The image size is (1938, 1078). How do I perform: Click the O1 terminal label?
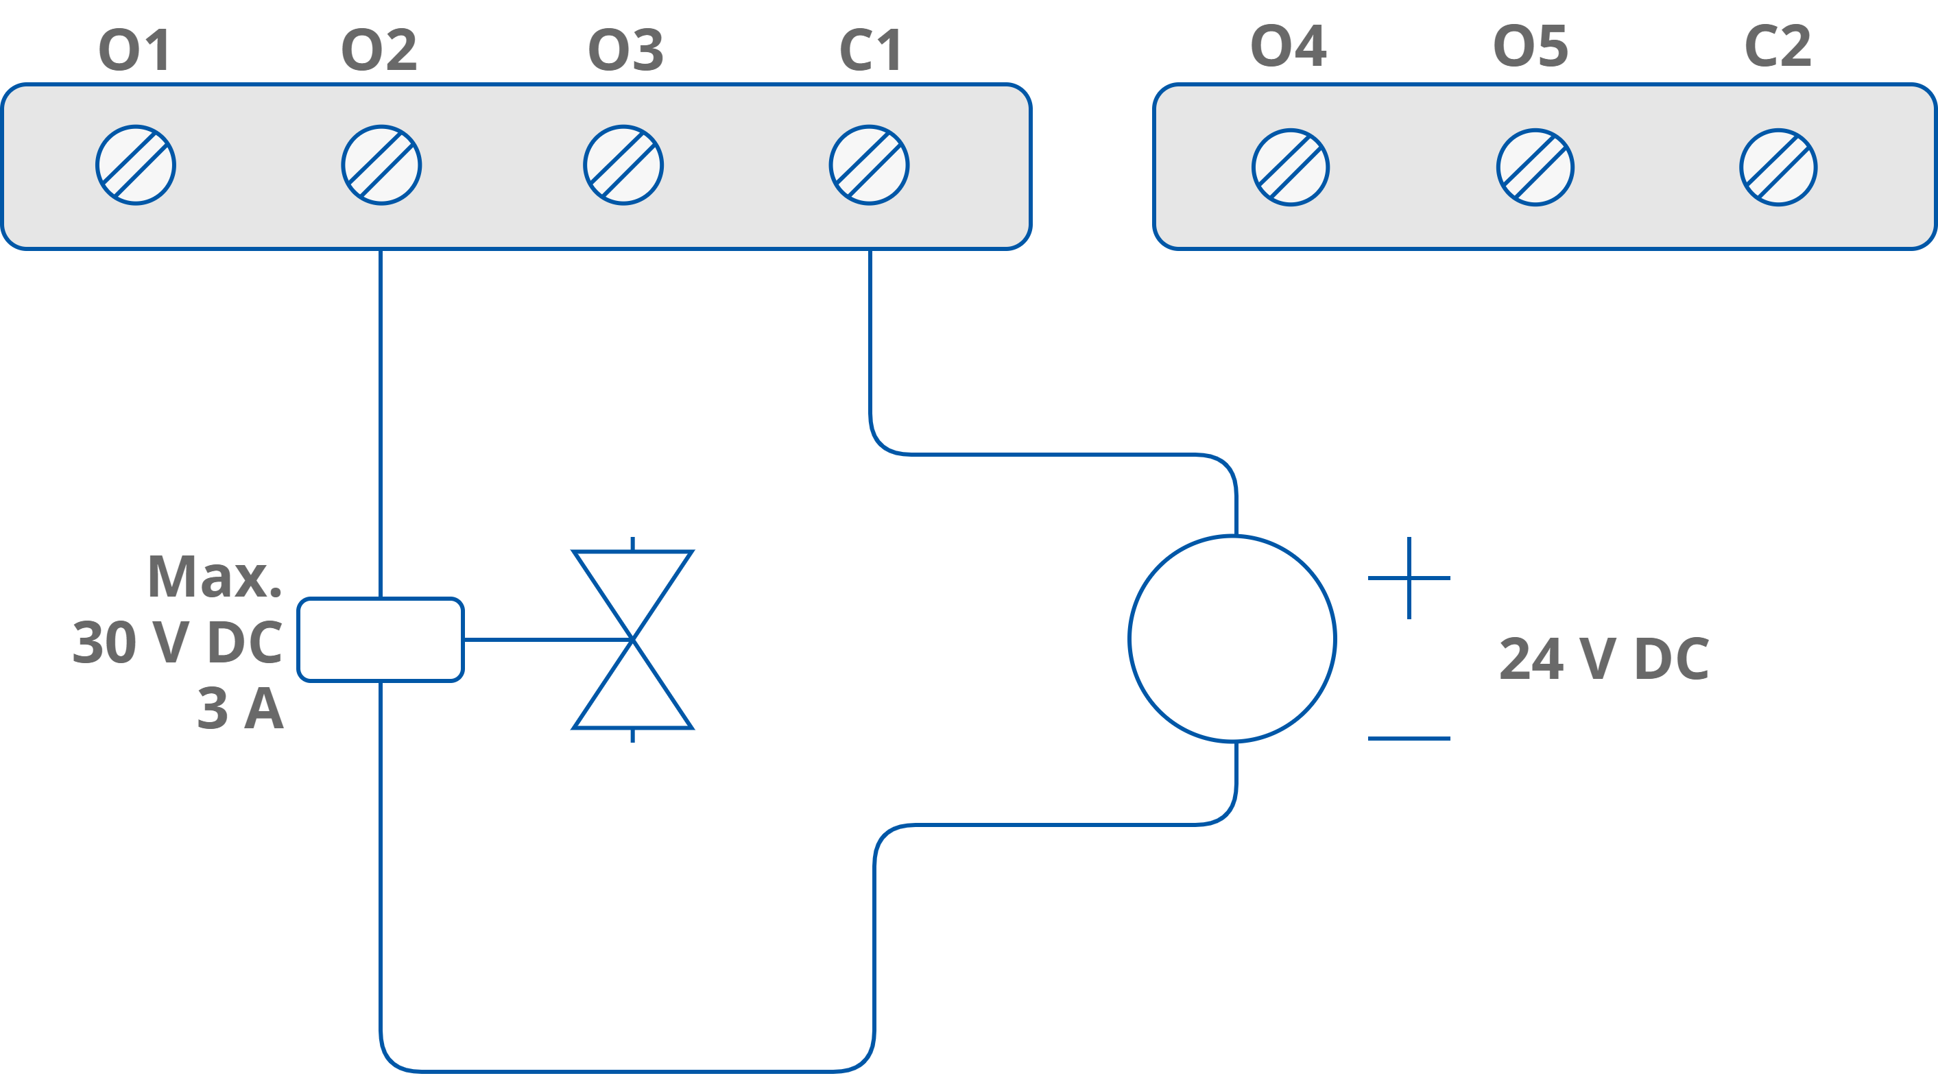[x=134, y=50]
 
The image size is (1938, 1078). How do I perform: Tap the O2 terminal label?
[x=379, y=50]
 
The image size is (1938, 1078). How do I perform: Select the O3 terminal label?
[x=625, y=50]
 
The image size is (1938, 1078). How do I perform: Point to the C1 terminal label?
[x=870, y=50]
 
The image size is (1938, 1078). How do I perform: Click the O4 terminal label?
[x=1288, y=46]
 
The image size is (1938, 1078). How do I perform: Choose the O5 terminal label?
[x=1530, y=46]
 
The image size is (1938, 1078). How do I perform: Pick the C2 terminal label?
[x=1777, y=46]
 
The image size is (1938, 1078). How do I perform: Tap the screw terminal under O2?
[x=381, y=165]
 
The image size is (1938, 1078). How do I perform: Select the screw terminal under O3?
[x=623, y=165]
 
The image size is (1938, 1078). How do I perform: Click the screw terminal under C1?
[x=869, y=165]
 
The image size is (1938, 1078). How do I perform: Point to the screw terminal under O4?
[x=1290, y=167]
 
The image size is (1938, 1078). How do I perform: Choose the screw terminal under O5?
[x=1535, y=167]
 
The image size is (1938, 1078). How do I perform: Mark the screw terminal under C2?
[x=1778, y=167]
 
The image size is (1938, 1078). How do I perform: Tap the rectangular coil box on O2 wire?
[x=381, y=639]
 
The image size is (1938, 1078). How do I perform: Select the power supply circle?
[x=1232, y=638]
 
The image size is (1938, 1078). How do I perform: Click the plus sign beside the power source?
[x=1409, y=577]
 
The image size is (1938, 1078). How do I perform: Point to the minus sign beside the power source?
[x=1409, y=738]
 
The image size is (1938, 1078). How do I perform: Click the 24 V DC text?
[x=1604, y=659]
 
